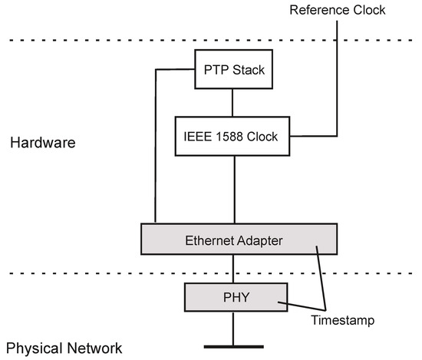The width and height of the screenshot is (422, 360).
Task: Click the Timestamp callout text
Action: pos(344,321)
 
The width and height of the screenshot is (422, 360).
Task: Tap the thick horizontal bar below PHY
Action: pos(233,347)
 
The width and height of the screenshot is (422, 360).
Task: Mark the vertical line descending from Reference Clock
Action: pos(336,77)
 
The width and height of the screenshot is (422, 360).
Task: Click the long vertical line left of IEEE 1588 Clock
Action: pos(156,146)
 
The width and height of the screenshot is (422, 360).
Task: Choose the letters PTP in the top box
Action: pos(215,70)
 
